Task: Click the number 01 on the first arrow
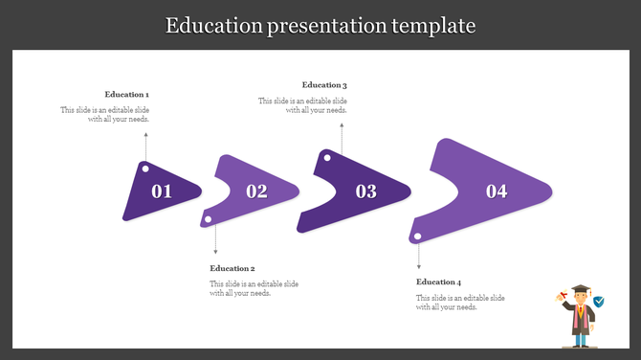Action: point(162,191)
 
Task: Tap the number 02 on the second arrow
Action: point(256,191)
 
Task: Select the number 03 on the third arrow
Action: point(366,191)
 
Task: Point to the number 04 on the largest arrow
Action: point(497,191)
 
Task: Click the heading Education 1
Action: point(127,95)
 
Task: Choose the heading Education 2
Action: point(232,269)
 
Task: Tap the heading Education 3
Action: point(324,85)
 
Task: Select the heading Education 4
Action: point(439,282)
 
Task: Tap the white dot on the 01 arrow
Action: point(145,169)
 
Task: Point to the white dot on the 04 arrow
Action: point(416,235)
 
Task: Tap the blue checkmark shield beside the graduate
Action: point(599,302)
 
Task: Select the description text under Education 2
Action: point(254,289)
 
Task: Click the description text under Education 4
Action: point(460,303)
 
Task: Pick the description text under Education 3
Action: point(302,105)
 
